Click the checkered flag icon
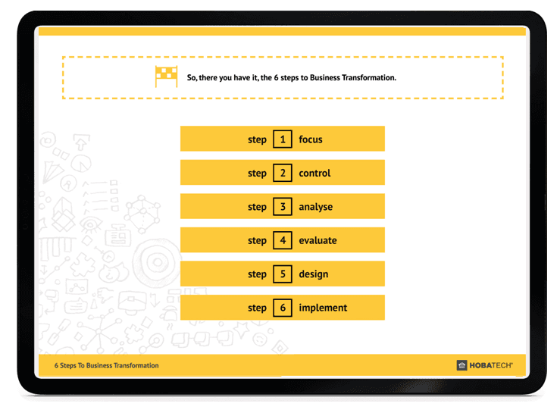(166, 77)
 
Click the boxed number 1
(283, 139)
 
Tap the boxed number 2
(283, 173)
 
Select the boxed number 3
(283, 207)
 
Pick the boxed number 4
(283, 240)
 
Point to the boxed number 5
(283, 274)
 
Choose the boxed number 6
(283, 308)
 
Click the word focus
(311, 139)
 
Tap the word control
(314, 174)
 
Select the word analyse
(315, 207)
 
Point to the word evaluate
(318, 240)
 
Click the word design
(313, 274)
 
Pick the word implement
(323, 308)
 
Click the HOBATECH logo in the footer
(485, 365)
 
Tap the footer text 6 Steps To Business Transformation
(106, 365)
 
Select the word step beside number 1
(257, 140)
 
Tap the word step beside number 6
(257, 308)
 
